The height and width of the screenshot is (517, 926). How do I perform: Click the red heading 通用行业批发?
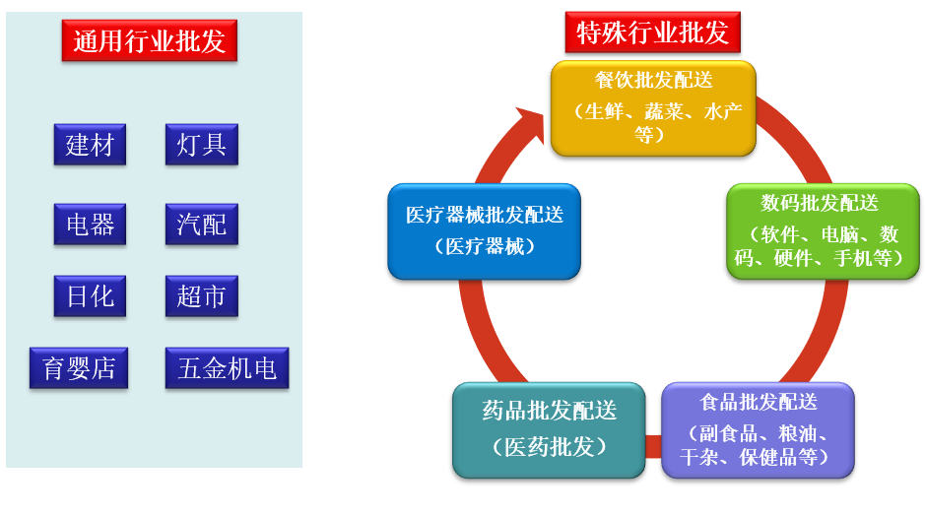pos(150,40)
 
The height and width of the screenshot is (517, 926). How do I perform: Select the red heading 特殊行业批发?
pos(652,32)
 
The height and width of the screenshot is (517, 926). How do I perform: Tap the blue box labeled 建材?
pos(90,144)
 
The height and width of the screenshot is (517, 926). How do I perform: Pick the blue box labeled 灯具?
pos(201,144)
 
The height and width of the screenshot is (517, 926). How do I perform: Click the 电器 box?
pos(90,225)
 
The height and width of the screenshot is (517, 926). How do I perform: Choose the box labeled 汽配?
pos(201,225)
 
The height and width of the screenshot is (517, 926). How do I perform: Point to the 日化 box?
pos(90,296)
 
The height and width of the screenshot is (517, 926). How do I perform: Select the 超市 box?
pos(201,296)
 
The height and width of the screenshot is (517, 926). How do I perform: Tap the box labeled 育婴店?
pos(79,368)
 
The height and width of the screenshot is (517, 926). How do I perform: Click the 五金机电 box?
pos(227,368)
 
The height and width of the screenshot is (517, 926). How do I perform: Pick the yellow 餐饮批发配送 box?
pos(653,108)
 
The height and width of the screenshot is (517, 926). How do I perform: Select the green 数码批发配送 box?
pos(823,231)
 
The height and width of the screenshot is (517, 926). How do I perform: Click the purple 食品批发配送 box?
pos(758,430)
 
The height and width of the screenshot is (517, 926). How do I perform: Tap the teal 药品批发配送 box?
pos(549,430)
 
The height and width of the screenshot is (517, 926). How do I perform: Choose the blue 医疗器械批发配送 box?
pos(485,231)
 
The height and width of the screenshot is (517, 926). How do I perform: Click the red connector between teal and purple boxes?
pos(653,446)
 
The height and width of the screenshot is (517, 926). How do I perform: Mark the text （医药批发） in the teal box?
pos(550,447)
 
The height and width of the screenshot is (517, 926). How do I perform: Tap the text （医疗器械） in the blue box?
pos(485,246)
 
